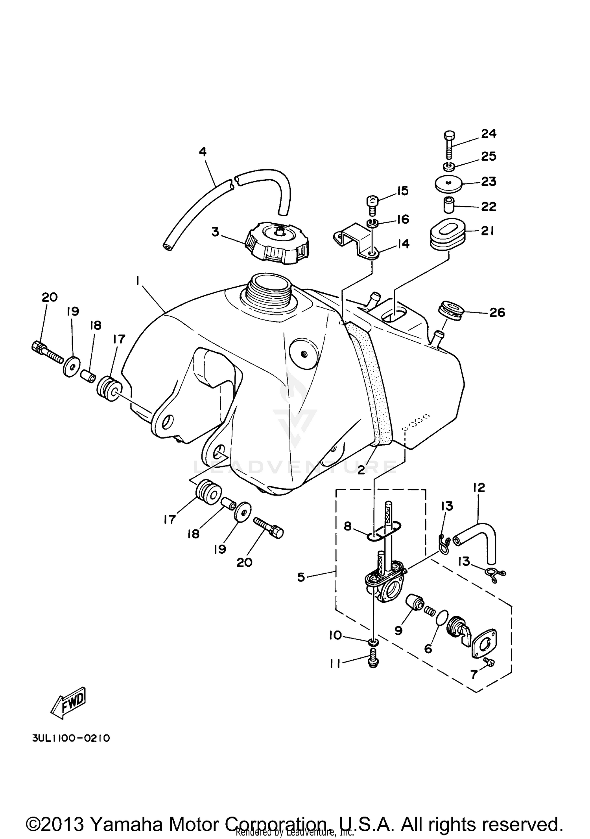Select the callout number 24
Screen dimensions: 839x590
[489, 134]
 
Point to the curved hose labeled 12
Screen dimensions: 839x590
[482, 538]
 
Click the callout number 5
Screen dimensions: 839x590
[301, 578]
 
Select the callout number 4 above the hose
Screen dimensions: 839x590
[203, 151]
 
